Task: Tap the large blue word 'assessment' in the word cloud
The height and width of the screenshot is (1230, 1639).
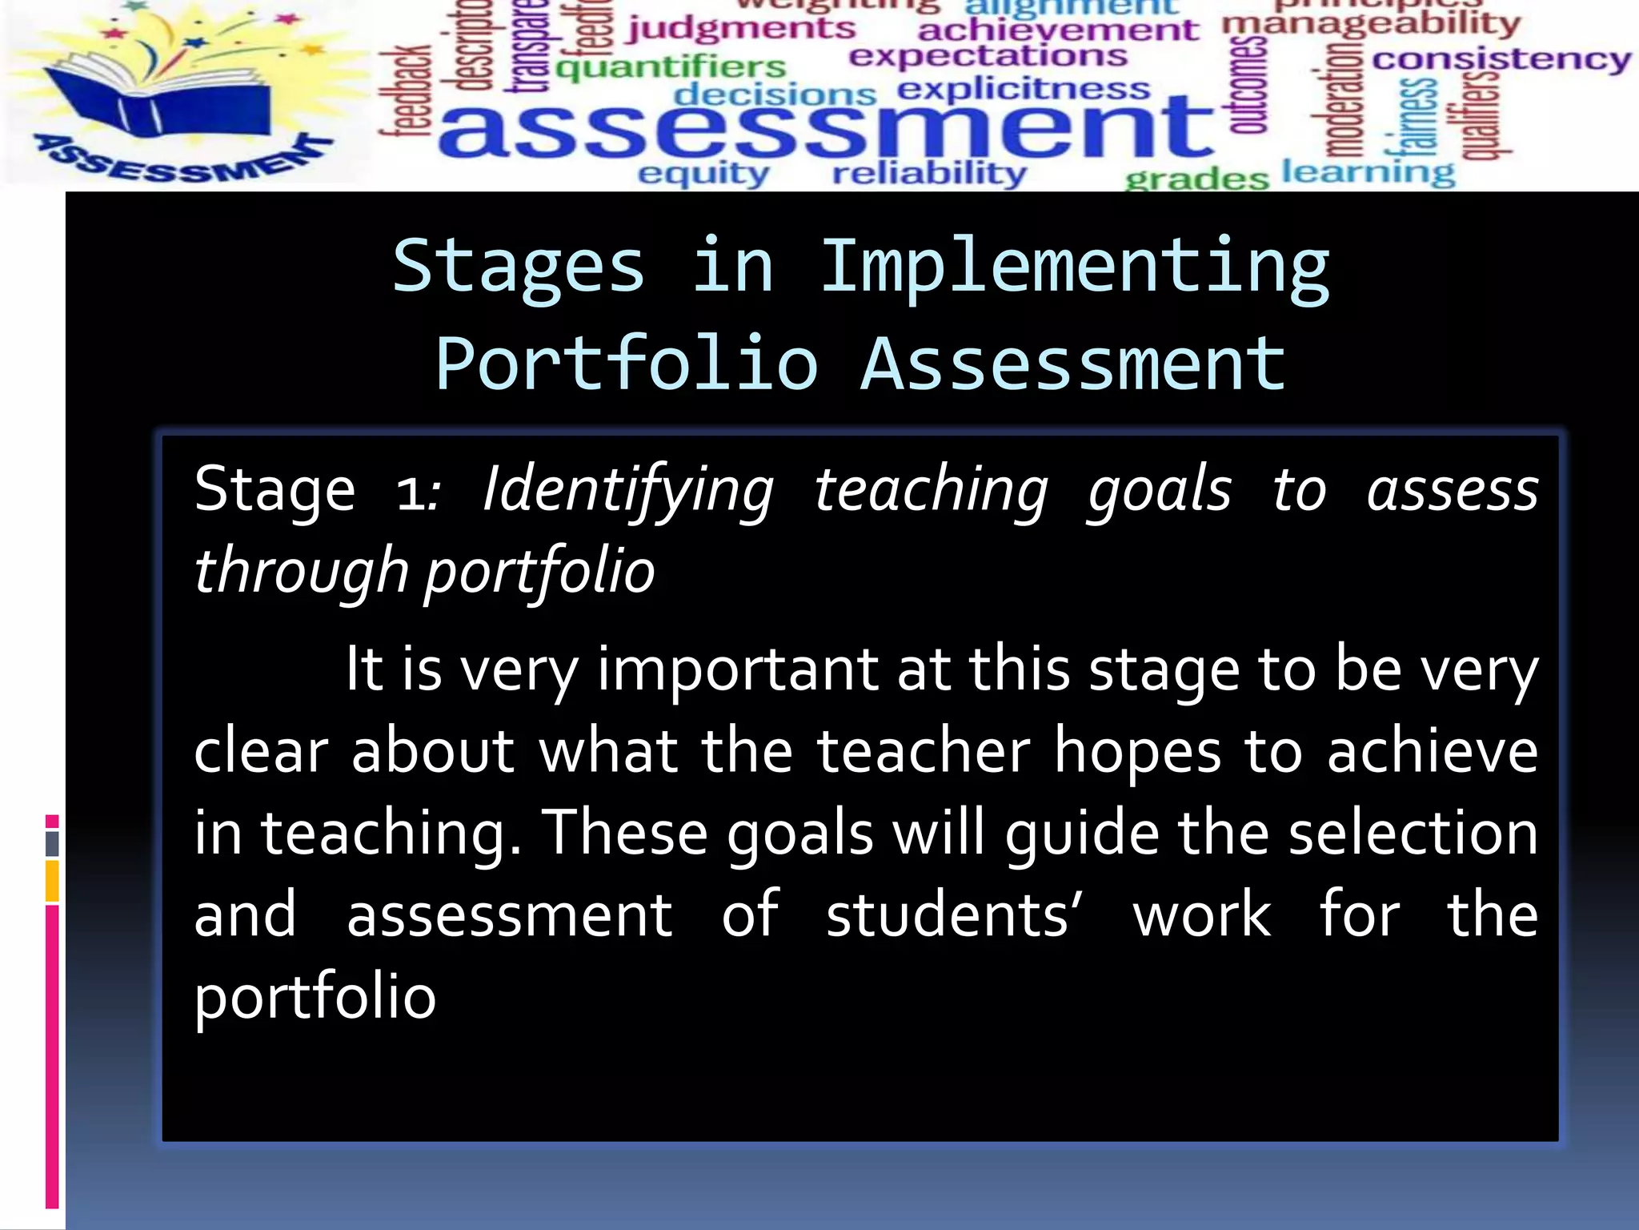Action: (824, 128)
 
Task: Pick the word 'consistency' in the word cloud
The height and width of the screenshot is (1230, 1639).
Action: (1501, 59)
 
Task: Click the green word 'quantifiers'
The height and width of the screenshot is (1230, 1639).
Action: (671, 67)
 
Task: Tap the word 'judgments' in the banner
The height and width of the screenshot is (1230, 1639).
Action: (741, 30)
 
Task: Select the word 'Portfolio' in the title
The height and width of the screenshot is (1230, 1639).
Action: (627, 365)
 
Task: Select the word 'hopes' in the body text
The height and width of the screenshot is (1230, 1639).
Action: (1137, 753)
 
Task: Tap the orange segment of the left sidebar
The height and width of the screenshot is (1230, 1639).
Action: (52, 881)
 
